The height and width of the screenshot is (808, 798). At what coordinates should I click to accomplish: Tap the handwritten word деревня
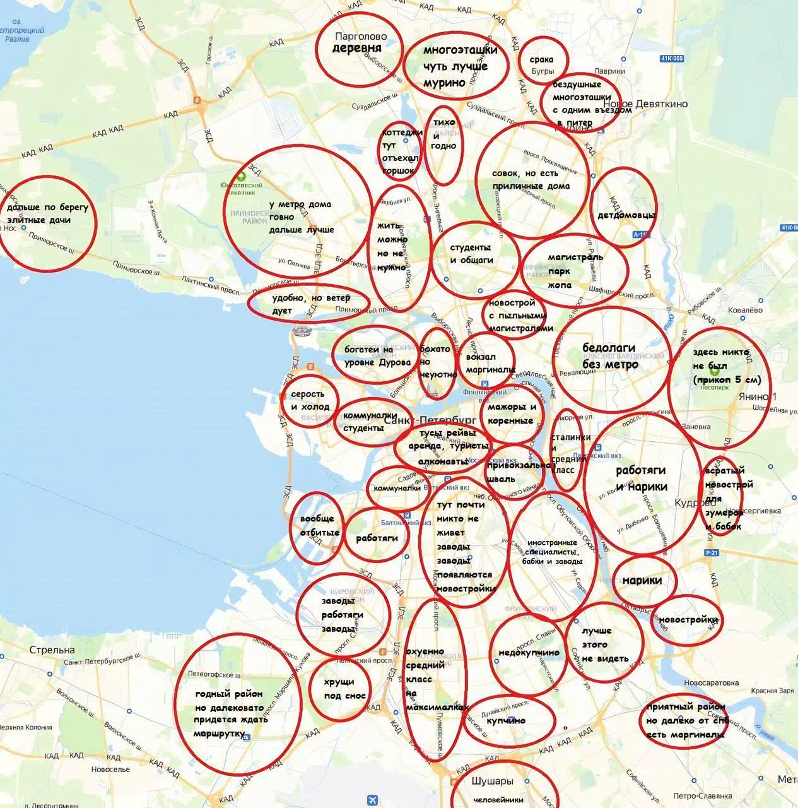pyautogui.click(x=357, y=49)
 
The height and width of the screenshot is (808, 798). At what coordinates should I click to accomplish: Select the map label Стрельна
pyautogui.click(x=52, y=650)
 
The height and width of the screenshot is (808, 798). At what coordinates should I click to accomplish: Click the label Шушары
pyautogui.click(x=492, y=781)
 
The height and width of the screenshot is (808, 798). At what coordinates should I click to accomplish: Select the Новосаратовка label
pyautogui.click(x=711, y=682)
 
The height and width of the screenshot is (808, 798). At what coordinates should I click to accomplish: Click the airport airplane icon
pyautogui.click(x=372, y=800)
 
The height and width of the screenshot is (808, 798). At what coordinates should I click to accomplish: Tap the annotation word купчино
pyautogui.click(x=506, y=720)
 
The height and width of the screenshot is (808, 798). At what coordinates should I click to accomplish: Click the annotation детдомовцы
pyautogui.click(x=626, y=215)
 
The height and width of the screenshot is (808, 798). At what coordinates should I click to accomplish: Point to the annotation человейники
pyautogui.click(x=498, y=799)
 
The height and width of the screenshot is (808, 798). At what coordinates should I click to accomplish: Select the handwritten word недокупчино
pyautogui.click(x=529, y=653)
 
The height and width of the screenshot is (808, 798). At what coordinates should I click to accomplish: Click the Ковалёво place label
pyautogui.click(x=745, y=310)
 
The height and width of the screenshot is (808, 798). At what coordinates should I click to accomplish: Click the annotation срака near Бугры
pyautogui.click(x=541, y=59)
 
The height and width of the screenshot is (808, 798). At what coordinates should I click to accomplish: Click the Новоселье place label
pyautogui.click(x=110, y=769)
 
